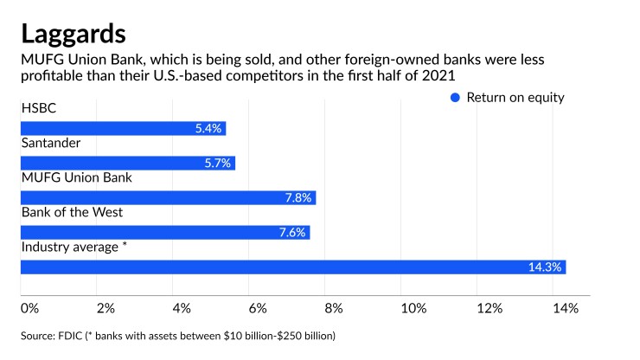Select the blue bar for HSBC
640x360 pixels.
(x=122, y=129)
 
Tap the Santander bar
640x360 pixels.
(x=127, y=163)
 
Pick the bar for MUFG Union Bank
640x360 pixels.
(x=167, y=197)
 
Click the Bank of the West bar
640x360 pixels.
(x=164, y=232)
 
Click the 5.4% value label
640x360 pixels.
(x=208, y=129)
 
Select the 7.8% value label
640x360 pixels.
(x=298, y=197)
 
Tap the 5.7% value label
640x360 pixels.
(x=217, y=163)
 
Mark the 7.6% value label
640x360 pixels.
(x=291, y=232)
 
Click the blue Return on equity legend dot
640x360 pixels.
(x=456, y=98)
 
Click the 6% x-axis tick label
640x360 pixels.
(x=257, y=308)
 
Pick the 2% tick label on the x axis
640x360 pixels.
(x=105, y=308)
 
